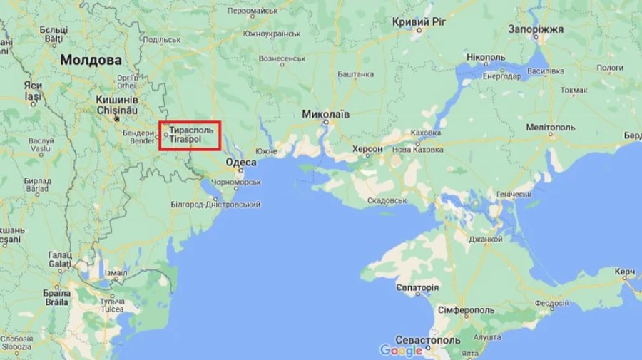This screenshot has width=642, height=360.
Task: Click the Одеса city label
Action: (241, 163)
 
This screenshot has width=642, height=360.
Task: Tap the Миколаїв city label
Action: (326, 114)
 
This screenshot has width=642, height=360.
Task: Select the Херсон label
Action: (367, 149)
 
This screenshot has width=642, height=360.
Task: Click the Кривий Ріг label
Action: (419, 23)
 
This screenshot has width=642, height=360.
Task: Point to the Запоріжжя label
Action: (536, 29)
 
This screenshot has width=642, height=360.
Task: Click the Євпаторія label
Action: (417, 287)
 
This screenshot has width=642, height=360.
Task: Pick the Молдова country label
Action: (91, 61)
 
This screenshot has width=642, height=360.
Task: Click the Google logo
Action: (401, 350)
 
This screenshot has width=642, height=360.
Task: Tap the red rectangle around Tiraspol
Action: (190, 135)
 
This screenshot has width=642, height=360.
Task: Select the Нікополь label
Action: (485, 56)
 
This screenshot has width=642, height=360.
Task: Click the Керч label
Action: (625, 273)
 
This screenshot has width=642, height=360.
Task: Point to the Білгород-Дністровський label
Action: (215, 205)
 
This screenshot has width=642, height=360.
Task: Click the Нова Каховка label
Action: (418, 150)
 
